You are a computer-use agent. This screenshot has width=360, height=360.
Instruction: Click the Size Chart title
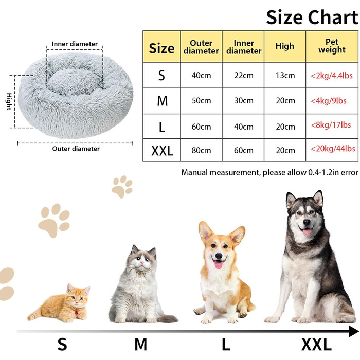click(x=312, y=17)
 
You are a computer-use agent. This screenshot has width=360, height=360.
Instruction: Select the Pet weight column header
click(x=332, y=46)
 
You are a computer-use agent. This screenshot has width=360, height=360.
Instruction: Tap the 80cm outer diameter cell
click(x=201, y=151)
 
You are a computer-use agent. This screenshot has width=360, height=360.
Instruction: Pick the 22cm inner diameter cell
click(x=243, y=76)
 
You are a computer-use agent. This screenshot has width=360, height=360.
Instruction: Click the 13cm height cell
click(x=285, y=76)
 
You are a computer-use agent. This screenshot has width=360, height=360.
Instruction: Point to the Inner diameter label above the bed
click(x=75, y=44)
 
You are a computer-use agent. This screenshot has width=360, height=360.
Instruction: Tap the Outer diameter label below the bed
click(x=76, y=149)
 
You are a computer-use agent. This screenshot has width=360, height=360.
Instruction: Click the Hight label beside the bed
click(x=9, y=101)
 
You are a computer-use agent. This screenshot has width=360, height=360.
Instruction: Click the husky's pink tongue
click(x=307, y=232)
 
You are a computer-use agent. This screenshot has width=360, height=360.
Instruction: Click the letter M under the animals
click(x=141, y=344)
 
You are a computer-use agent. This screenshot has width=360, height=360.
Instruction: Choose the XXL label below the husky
click(x=316, y=344)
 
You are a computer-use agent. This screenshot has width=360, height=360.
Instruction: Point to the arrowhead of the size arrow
click(x=353, y=331)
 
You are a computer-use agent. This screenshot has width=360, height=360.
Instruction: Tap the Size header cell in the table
click(x=162, y=48)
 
